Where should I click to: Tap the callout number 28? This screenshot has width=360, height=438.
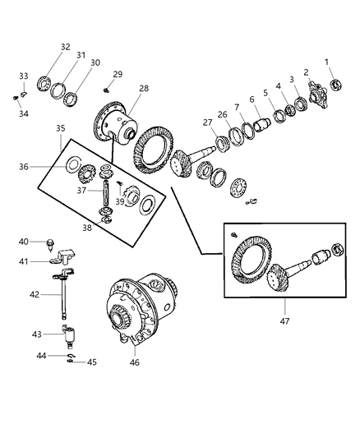click(x=143, y=88)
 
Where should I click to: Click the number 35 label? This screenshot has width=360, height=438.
click(x=61, y=128)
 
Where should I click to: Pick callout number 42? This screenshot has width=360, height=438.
click(x=34, y=293)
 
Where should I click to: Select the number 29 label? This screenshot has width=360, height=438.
click(x=118, y=75)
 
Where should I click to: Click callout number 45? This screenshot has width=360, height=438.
click(x=92, y=362)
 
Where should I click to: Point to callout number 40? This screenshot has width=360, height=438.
click(x=24, y=242)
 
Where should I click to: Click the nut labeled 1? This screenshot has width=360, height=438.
click(x=335, y=85)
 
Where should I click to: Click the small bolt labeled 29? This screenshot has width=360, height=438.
click(x=107, y=90)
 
